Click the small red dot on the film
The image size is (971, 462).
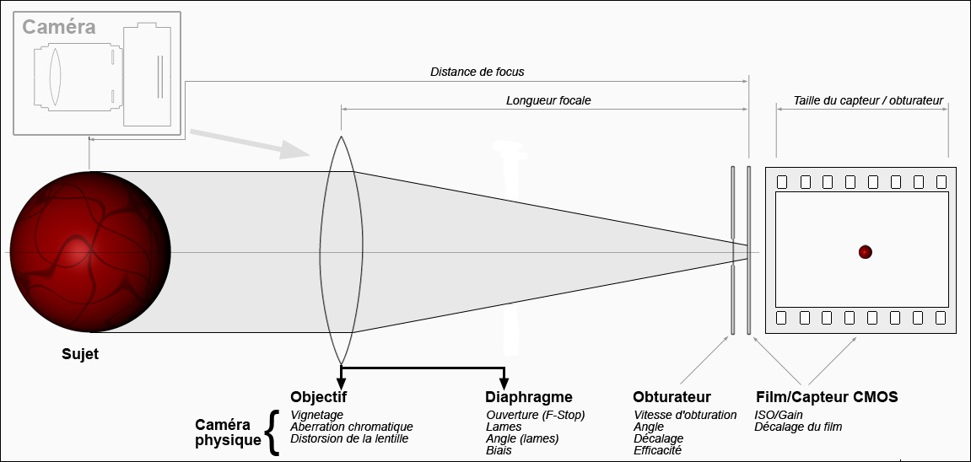pos(865,252)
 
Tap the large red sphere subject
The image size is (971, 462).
pos(89,253)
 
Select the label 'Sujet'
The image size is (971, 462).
pos(80,354)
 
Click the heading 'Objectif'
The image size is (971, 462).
pos(318,397)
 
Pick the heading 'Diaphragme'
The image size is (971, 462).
pos(529,397)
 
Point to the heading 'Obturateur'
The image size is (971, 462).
pos(672,397)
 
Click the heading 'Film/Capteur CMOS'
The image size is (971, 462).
pos(826,397)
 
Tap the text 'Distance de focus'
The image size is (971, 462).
pos(477,73)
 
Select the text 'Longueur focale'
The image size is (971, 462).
pos(548,100)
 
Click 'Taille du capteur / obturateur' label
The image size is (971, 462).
pos(868,100)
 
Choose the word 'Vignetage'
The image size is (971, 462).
pos(317,415)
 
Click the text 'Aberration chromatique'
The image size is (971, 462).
pos(351,427)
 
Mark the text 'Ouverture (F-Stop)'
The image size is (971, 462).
pos(536,415)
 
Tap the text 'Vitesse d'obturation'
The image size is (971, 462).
pos(685,415)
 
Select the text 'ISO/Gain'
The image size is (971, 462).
pos(779,415)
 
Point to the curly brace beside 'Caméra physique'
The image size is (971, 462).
pos(271,432)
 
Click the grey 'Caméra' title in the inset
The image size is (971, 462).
pos(58,27)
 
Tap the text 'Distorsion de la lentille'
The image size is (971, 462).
pos(349,438)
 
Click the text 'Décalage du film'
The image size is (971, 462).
pos(798,427)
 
